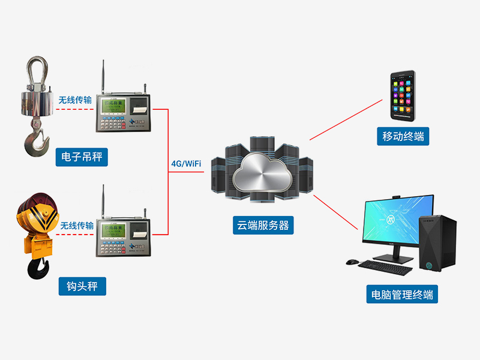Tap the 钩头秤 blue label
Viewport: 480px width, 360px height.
[82, 286]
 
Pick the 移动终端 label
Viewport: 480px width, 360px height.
[403, 136]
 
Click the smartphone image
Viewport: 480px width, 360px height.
[403, 95]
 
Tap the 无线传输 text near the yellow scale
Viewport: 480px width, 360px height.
[77, 226]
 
